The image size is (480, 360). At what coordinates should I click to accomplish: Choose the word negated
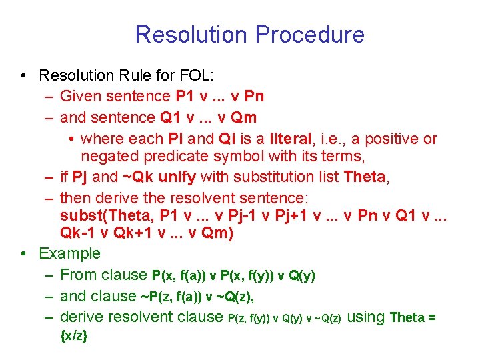coord(107,157)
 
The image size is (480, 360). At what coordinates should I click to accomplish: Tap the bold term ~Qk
coord(137,177)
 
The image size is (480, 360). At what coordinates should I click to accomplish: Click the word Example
coord(69,254)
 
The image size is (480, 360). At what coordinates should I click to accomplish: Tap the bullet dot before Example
coord(23,254)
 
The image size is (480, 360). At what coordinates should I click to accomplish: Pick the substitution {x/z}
coord(74,337)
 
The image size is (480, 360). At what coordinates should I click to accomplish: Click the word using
coord(366,317)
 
